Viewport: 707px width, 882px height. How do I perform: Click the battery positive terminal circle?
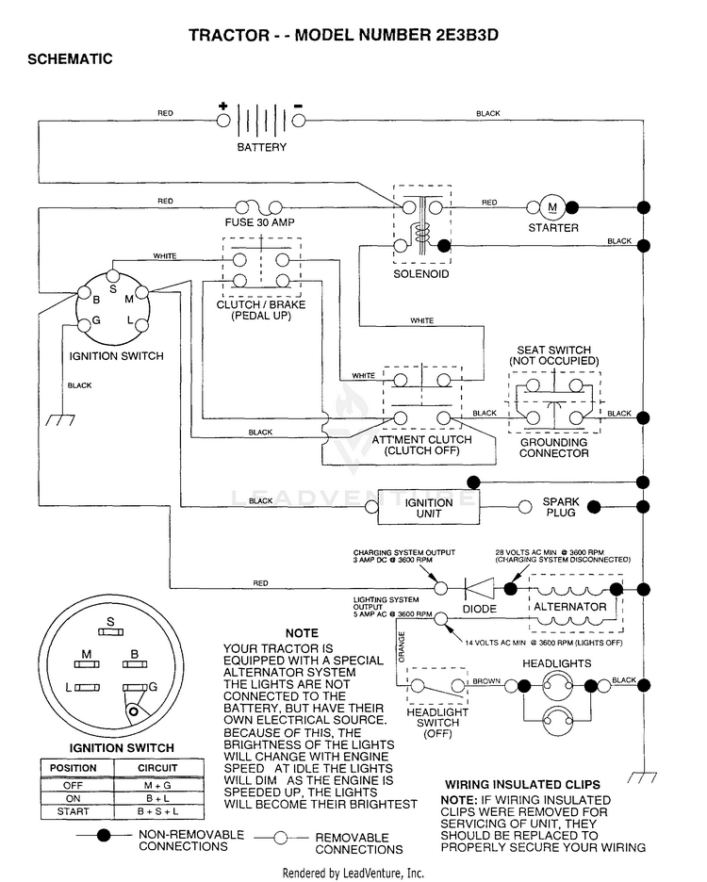(223, 121)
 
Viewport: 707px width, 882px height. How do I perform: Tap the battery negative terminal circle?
(299, 121)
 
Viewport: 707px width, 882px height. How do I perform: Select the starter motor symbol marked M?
(552, 207)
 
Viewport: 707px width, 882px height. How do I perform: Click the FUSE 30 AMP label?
(259, 222)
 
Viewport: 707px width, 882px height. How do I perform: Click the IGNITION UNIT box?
(428, 507)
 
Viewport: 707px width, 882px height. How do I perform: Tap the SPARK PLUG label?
(561, 507)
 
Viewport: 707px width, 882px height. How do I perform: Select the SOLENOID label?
(421, 274)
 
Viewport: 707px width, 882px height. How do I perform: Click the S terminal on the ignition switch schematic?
(113, 275)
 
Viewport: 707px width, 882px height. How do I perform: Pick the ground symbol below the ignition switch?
(60, 419)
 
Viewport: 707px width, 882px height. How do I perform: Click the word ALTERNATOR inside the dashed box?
(570, 607)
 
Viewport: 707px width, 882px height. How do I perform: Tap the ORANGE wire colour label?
(402, 646)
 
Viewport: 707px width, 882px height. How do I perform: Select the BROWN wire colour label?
(486, 681)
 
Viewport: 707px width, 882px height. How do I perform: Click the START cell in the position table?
(74, 811)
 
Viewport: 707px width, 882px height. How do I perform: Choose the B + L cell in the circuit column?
(157, 798)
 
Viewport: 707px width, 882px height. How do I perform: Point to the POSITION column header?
(74, 768)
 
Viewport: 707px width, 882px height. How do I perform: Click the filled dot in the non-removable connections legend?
(104, 835)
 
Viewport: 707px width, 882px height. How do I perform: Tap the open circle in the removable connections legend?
(280, 838)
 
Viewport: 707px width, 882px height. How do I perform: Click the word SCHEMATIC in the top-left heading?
(70, 59)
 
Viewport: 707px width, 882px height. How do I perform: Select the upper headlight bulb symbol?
(557, 686)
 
